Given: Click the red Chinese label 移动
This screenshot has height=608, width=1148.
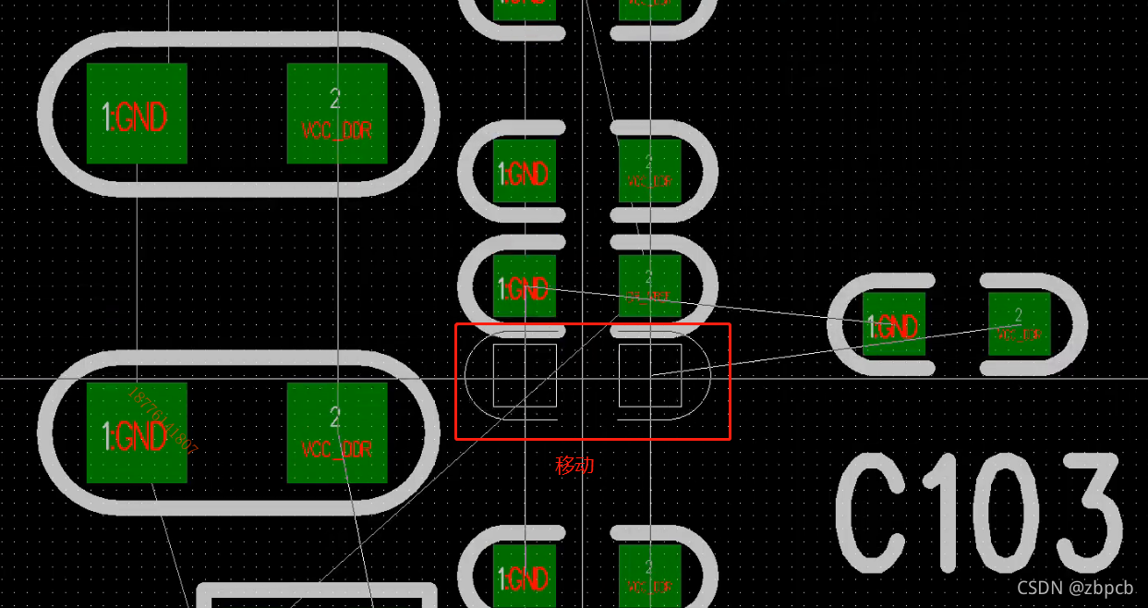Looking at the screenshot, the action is pyautogui.click(x=574, y=465).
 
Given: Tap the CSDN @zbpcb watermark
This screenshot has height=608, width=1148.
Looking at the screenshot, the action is pyautogui.click(x=1074, y=588).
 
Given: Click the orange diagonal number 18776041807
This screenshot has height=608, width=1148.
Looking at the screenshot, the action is pyautogui.click(x=163, y=420).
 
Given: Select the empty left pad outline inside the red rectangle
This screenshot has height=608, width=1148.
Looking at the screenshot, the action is pyautogui.click(x=525, y=375).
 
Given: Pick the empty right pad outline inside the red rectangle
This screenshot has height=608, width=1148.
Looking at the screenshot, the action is pyautogui.click(x=650, y=375).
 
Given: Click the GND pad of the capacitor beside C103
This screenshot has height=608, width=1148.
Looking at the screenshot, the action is pyautogui.click(x=893, y=324).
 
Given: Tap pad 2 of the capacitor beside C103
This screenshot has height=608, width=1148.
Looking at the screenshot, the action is pyautogui.click(x=1020, y=324).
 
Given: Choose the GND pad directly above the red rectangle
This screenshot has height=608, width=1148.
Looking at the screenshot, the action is pyautogui.click(x=525, y=287).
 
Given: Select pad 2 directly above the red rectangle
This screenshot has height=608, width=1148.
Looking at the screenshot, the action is pyautogui.click(x=650, y=286).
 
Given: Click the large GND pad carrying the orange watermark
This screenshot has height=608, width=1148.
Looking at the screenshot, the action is pyautogui.click(x=137, y=433).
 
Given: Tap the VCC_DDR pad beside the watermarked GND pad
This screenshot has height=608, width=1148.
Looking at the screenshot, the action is pyautogui.click(x=337, y=433).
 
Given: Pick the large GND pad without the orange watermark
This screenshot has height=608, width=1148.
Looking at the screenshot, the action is pyautogui.click(x=137, y=114).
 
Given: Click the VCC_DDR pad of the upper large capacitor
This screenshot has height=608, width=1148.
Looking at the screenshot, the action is pyautogui.click(x=337, y=114).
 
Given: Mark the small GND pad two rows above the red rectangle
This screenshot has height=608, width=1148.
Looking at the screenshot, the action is pyautogui.click(x=525, y=172).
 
